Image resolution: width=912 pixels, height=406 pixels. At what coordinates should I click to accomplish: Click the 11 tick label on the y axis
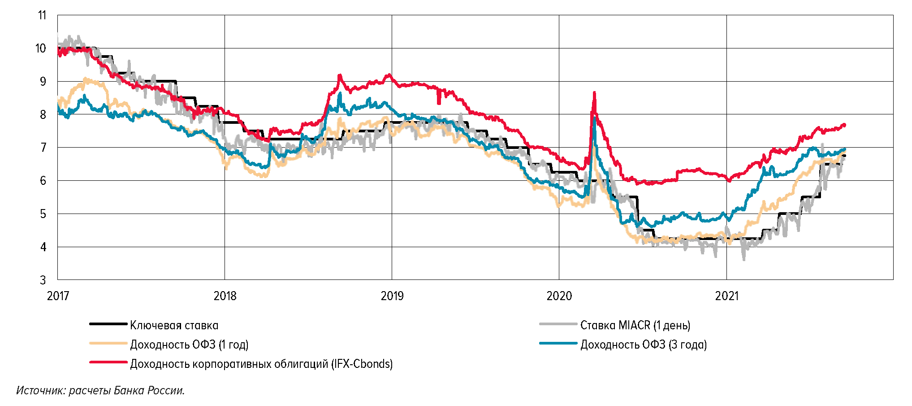coord(42,15)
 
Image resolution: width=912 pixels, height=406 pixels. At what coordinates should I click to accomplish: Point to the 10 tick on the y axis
coord(41,48)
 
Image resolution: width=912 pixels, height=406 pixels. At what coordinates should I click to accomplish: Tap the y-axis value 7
coord(43,148)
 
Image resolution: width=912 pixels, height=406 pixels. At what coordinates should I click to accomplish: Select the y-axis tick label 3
coord(43,280)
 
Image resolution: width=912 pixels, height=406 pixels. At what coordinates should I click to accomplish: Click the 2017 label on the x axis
coord(58,296)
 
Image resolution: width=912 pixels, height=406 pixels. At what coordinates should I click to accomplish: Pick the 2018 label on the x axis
coord(225,296)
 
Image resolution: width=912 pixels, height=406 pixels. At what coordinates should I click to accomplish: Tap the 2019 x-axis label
coord(392,296)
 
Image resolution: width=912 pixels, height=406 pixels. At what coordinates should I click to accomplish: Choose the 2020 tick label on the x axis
coord(559,296)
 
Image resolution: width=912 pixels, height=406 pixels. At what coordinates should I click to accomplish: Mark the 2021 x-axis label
coord(726,296)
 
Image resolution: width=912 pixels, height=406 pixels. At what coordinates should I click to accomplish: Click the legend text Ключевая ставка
coord(174,325)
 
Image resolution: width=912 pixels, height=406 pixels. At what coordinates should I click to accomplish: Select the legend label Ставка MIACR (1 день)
coord(635,325)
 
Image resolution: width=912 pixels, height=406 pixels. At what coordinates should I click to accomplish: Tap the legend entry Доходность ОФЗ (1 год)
coord(189,345)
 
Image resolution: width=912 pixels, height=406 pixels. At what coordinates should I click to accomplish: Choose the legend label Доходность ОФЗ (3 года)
coord(644,345)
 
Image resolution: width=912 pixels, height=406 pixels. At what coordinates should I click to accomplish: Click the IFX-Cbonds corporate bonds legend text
coord(261,364)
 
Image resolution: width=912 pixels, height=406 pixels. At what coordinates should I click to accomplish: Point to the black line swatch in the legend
coord(108,324)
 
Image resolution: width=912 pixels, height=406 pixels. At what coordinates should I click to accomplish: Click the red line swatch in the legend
coord(108,362)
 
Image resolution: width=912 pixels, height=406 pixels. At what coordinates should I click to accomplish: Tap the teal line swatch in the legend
coord(558,343)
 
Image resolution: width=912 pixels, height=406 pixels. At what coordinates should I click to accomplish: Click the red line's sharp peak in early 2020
coord(594,92)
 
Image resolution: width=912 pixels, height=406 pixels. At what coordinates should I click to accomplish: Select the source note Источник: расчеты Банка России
coord(100,390)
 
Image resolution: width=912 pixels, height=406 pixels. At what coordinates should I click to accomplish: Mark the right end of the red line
coord(845,125)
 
